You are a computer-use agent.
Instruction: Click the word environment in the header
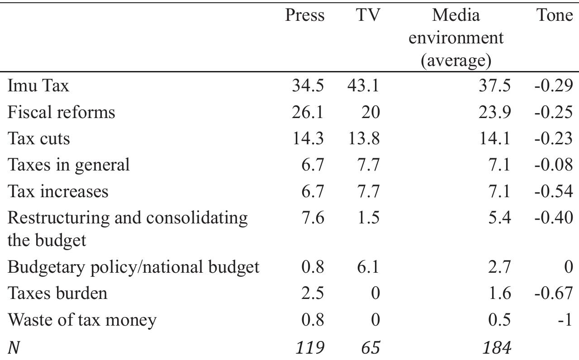[456, 38]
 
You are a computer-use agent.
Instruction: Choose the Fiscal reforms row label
[61, 112]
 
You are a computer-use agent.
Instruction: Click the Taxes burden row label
[57, 294]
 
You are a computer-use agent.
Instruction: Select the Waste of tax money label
[82, 320]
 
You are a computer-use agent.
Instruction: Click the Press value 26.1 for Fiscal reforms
[308, 112]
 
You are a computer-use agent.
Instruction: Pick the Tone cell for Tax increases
[553, 192]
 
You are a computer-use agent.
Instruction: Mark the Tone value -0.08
[553, 165]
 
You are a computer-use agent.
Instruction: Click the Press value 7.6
[313, 218]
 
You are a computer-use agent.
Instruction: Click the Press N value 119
[309, 348]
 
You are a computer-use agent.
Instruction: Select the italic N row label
[14, 348]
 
